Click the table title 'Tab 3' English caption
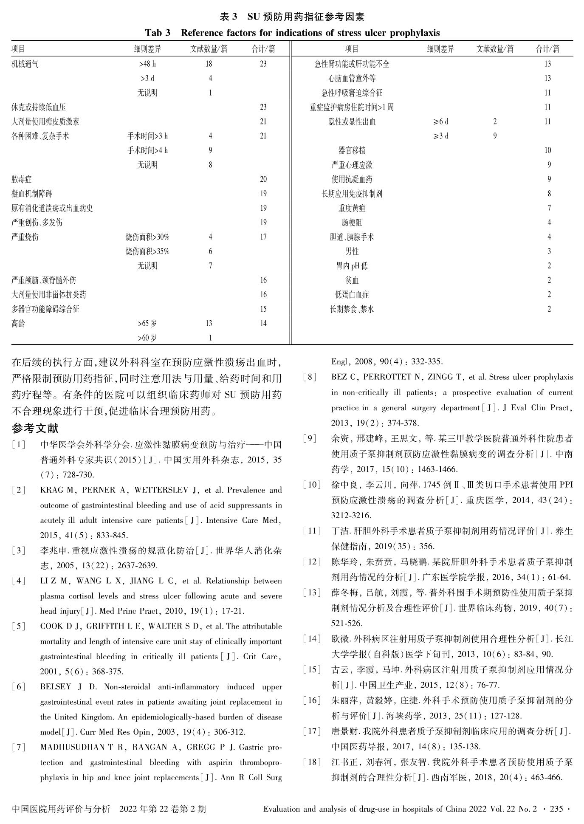(292, 33)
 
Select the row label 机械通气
(25, 64)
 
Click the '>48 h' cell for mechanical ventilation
(147, 64)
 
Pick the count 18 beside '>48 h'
(209, 64)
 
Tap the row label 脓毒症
(21, 179)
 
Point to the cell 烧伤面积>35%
(147, 251)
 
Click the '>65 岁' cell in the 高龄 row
(147, 324)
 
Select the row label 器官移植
(352, 150)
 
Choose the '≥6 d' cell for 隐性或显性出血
(440, 122)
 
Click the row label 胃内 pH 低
(352, 266)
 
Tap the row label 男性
(352, 251)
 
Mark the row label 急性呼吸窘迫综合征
(352, 93)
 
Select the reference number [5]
(19, 626)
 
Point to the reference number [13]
(312, 593)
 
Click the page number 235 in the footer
(556, 809)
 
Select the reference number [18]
(312, 762)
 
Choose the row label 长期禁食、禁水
(352, 309)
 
